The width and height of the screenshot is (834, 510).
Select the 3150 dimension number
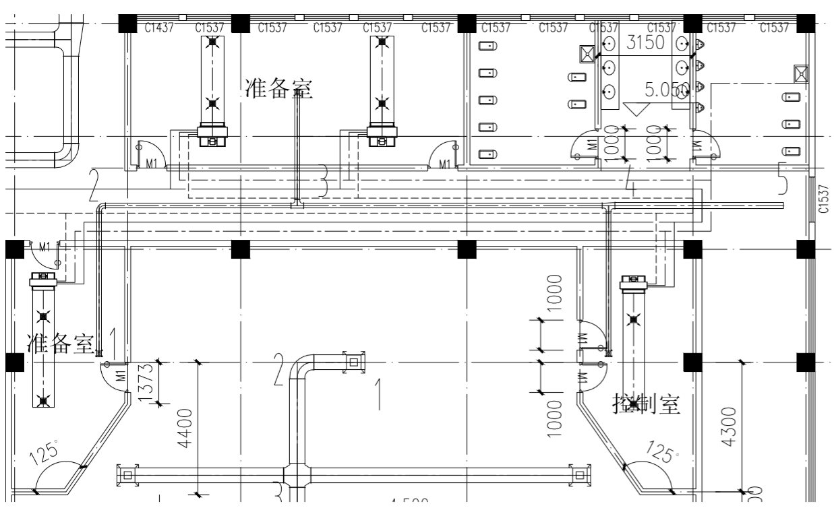(646, 42)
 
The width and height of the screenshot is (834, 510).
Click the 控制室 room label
(645, 404)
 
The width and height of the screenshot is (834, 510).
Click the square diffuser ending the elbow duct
(353, 362)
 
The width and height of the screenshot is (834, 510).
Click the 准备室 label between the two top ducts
(280, 89)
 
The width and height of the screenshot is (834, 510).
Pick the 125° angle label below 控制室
(663, 451)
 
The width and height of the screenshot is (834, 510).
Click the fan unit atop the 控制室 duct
(633, 282)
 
